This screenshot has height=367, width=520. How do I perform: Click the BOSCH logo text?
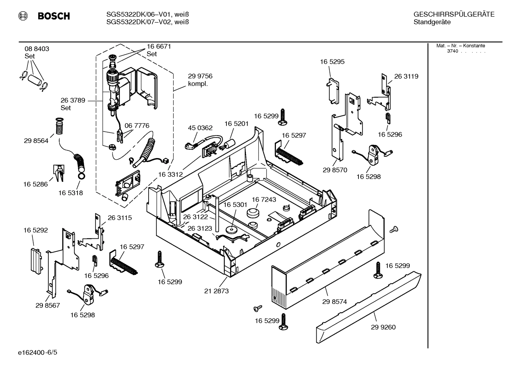pos(53,16)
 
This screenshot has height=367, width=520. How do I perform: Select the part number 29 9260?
pos(383,327)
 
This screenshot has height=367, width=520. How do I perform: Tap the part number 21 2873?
pos(216,291)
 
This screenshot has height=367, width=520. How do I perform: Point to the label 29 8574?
pos(334,302)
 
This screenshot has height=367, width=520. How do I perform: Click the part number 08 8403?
pos(37,49)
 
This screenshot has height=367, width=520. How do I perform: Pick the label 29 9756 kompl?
pos(200,80)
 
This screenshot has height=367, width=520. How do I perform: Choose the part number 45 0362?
pos(200,128)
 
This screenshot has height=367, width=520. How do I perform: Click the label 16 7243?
pos(264,200)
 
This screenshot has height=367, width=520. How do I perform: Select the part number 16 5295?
pos(332,62)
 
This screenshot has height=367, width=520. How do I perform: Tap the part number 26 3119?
pos(406,76)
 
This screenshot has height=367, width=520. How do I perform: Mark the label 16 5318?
pos(71,193)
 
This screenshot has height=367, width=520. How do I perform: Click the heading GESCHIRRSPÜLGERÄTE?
pos(454,15)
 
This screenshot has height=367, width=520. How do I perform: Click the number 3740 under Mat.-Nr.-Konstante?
pos(452,51)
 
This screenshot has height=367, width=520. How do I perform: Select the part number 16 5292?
pos(36,230)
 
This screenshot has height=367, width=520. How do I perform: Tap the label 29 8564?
pos(36,141)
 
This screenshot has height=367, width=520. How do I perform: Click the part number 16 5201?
pos(237,124)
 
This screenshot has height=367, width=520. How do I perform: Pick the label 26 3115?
pos(120,218)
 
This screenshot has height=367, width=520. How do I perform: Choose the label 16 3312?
pos(170,174)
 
